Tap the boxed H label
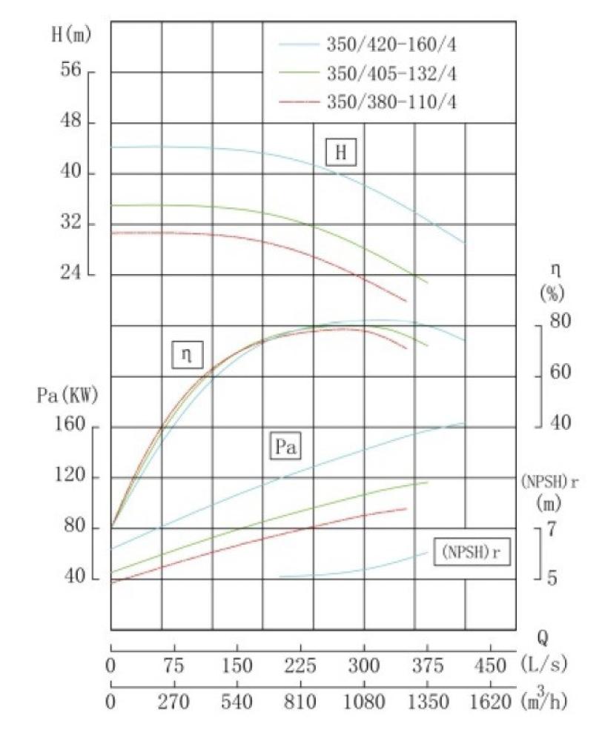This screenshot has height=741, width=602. tap(341, 153)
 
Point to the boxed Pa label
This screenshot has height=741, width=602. tap(283, 447)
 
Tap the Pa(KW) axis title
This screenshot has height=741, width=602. tap(67, 396)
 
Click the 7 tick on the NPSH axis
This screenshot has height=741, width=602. tap(551, 529)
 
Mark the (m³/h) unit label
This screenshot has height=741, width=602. tap(549, 700)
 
